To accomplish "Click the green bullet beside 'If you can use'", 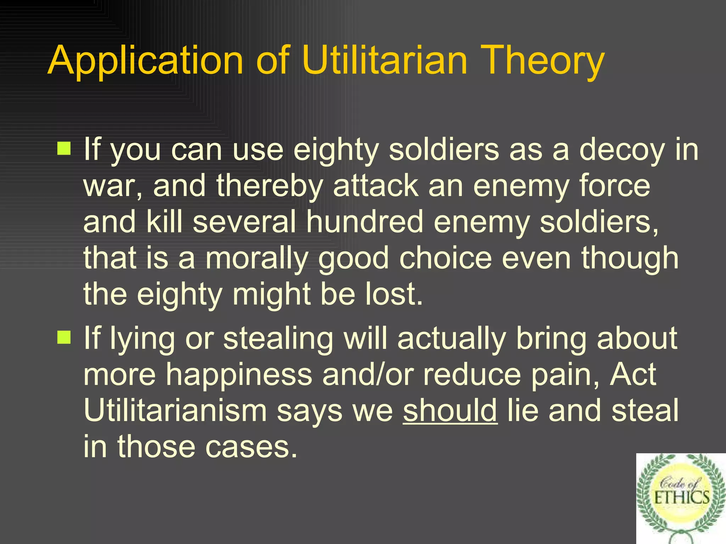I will click(x=64, y=148).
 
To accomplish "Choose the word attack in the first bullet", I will click(x=375, y=186).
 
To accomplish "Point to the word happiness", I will click(x=239, y=375).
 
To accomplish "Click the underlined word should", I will click(x=450, y=410).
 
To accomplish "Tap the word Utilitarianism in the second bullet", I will click(x=175, y=410).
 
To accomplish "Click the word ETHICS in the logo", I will click(x=681, y=498).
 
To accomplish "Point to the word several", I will click(x=244, y=222).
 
